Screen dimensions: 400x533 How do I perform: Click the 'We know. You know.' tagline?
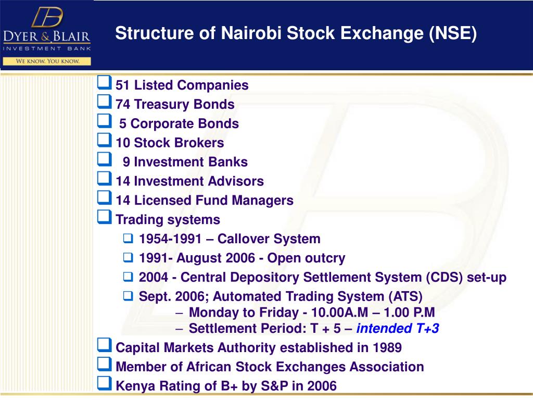coord(47,61)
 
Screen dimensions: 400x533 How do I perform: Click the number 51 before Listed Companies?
coord(123,85)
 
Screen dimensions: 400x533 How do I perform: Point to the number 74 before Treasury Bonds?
coord(123,105)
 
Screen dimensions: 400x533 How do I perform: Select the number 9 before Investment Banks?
coord(126,162)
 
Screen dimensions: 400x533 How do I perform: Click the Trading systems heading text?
coord(168,220)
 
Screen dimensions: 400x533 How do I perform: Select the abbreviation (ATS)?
coord(405,297)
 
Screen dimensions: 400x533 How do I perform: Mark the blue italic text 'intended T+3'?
coord(398,329)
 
